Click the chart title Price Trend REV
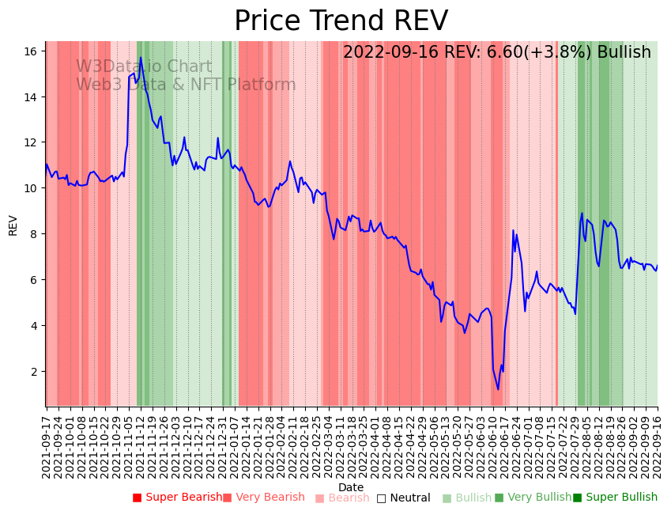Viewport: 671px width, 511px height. coord(341,21)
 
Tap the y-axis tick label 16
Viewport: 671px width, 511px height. coord(31,51)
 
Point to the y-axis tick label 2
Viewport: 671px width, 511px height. coord(34,371)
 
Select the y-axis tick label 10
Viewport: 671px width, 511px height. coord(31,188)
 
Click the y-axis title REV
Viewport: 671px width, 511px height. coord(13,225)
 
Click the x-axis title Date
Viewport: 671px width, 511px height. coord(351,487)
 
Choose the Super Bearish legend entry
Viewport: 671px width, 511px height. coord(178,498)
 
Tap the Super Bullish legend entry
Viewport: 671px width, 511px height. coord(615,498)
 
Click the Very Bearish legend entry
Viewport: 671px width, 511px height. coord(263,498)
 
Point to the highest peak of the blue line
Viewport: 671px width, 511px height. coord(141,57)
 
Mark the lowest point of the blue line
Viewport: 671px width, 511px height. coord(498,389)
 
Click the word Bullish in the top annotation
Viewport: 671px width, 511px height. coord(624,53)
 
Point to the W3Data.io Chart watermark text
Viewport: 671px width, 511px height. coord(144,67)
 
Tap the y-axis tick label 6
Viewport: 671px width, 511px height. coord(34,280)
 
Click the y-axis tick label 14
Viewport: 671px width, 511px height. coord(31,97)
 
